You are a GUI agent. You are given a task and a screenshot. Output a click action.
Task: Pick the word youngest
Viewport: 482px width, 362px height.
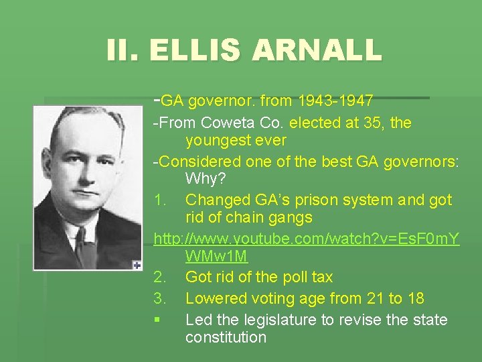[x=216, y=141]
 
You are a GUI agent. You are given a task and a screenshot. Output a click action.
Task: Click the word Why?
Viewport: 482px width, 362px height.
[x=205, y=179]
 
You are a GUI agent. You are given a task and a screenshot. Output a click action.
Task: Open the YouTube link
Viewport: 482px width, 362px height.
[x=307, y=239]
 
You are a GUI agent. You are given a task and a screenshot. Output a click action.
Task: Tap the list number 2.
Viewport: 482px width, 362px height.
[x=159, y=277]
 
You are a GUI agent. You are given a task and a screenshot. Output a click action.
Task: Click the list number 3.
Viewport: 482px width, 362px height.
[x=159, y=298]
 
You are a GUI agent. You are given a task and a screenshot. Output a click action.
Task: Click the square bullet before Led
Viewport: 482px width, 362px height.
[x=157, y=320]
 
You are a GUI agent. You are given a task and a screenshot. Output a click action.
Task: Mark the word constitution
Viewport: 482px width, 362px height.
[x=226, y=337]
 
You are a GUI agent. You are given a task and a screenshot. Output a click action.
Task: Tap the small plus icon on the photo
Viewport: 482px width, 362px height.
[x=137, y=264]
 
